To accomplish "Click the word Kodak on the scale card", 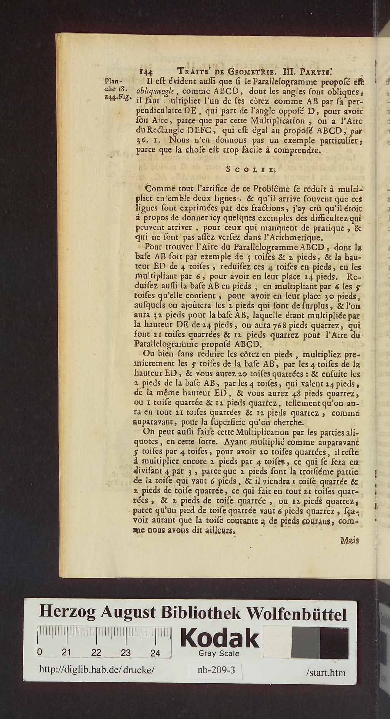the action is (220, 638).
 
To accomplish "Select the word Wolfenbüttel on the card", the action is (296, 614).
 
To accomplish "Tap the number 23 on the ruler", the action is (125, 653).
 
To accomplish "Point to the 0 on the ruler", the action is (40, 652).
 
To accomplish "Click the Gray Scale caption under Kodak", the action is (219, 653).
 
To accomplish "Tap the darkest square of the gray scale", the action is (334, 643).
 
